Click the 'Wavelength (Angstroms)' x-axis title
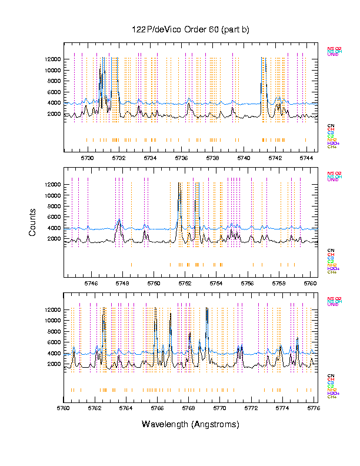click(x=191, y=424)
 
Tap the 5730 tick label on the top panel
click(x=87, y=158)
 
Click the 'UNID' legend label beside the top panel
click(x=333, y=55)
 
